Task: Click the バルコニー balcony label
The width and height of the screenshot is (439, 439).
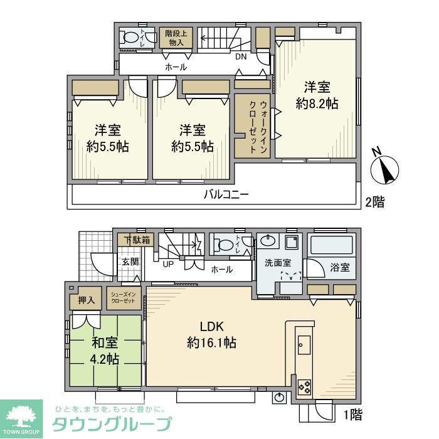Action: click(x=226, y=194)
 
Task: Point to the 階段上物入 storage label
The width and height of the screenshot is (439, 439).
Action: click(x=175, y=38)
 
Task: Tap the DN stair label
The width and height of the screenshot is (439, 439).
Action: click(x=241, y=56)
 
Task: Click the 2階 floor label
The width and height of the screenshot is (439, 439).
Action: click(x=375, y=202)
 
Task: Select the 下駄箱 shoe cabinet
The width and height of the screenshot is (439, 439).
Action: click(x=136, y=240)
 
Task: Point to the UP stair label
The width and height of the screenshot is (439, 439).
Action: click(x=168, y=264)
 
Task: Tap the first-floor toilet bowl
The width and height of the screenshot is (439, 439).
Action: click(x=223, y=244)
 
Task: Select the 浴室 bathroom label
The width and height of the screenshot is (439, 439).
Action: click(x=339, y=267)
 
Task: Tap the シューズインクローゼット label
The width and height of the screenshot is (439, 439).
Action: click(x=123, y=299)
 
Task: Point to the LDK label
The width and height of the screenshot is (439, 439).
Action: click(x=211, y=326)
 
